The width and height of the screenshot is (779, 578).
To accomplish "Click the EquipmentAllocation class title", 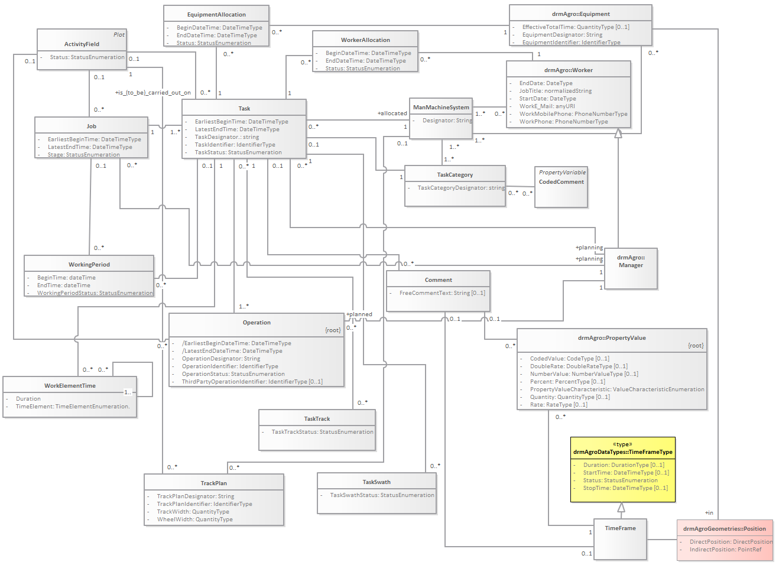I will click(216, 15).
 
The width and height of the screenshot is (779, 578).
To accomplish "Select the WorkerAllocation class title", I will click(365, 40).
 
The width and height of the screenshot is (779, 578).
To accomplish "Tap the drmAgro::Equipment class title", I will click(580, 14).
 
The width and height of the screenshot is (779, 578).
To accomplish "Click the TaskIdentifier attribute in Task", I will click(235, 145).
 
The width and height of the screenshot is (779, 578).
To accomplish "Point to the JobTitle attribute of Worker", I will click(555, 91).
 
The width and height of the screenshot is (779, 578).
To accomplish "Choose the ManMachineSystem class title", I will click(441, 108).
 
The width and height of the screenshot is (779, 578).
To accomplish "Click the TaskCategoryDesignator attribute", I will click(461, 188).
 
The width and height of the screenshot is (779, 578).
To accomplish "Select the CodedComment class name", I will click(561, 182).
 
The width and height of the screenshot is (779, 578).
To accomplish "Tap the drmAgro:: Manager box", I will click(631, 262).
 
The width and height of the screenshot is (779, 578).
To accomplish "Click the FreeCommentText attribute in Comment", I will click(442, 293).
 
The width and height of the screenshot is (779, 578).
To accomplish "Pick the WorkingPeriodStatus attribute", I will click(95, 293).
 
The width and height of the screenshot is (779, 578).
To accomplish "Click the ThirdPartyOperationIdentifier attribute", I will click(252, 382).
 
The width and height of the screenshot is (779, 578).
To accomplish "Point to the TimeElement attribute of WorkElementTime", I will click(72, 407).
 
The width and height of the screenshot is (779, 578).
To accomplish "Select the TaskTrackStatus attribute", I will click(322, 432).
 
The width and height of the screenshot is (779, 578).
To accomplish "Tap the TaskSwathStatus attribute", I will click(382, 495).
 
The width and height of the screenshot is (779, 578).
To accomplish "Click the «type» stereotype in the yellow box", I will click(622, 444).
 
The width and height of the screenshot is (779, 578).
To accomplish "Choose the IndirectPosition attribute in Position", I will click(725, 550).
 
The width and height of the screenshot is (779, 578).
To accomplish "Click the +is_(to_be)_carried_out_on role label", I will click(152, 93).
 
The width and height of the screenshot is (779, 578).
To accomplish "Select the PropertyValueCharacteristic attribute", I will click(616, 389).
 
